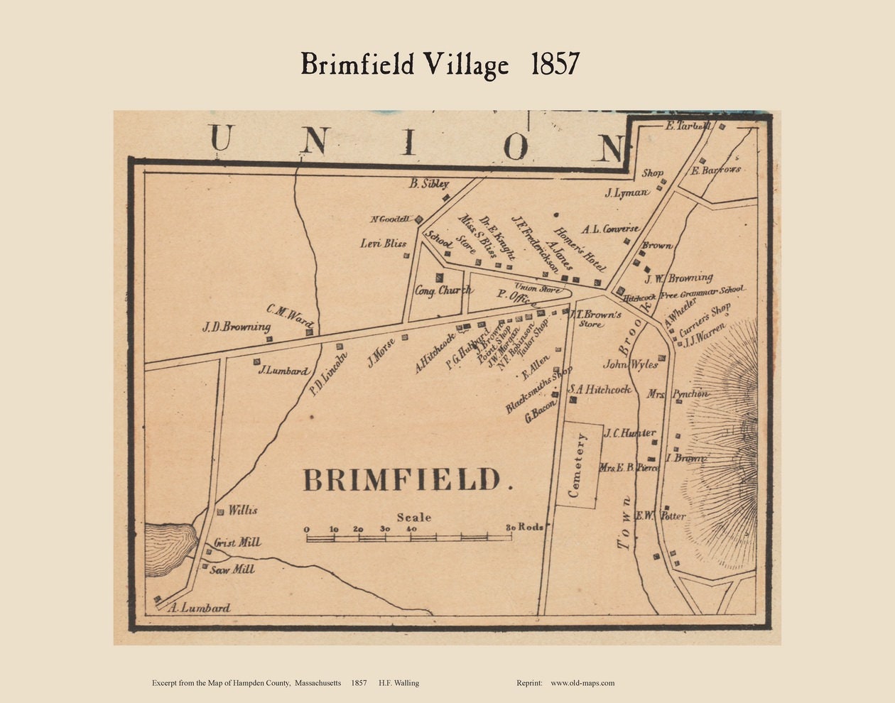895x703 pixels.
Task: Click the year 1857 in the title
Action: (555, 64)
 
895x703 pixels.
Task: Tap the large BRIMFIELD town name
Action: (402, 480)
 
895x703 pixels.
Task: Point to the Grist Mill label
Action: (237, 543)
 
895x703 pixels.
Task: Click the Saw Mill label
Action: (232, 570)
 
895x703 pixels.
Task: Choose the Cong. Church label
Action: (444, 290)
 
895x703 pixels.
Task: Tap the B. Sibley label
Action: (429, 184)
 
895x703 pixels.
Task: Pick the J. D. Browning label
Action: (236, 327)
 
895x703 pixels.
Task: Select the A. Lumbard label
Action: (201, 608)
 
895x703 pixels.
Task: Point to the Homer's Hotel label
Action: (580, 249)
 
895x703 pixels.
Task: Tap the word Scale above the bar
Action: (413, 517)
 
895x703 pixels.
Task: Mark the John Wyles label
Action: (630, 364)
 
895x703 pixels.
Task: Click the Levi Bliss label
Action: (384, 244)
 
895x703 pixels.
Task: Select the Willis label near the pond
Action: (242, 511)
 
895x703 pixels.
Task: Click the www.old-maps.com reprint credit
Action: (582, 683)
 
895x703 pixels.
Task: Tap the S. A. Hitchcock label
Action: (600, 389)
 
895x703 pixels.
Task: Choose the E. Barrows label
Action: (716, 170)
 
